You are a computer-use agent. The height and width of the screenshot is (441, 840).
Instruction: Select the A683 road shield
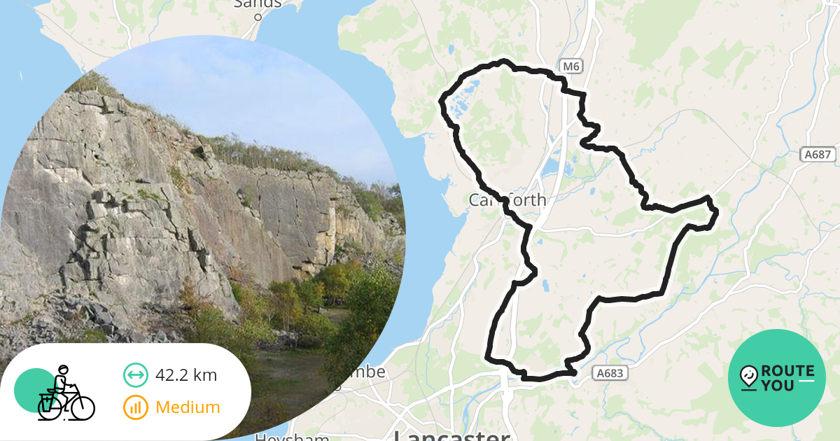(608, 374)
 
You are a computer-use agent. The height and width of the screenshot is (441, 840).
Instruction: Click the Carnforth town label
(507, 200)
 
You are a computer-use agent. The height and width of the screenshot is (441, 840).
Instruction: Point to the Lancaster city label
(451, 435)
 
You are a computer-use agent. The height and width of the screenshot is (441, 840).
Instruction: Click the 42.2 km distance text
(186, 375)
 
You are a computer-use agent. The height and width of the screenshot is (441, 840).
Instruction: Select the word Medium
(188, 407)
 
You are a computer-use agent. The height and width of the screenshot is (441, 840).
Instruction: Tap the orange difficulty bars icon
(135, 407)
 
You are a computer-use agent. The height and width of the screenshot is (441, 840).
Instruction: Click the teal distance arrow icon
(135, 375)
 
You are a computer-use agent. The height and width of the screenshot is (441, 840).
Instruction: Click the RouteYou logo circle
(776, 378)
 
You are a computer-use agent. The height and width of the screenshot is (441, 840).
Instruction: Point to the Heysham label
(291, 437)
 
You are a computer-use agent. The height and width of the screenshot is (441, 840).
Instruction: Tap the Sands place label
(258, 4)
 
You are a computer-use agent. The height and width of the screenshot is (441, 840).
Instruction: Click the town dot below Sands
(258, 17)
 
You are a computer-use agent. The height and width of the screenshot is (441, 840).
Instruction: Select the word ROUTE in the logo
(787, 371)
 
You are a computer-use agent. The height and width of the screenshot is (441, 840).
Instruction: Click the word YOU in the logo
(778, 385)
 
